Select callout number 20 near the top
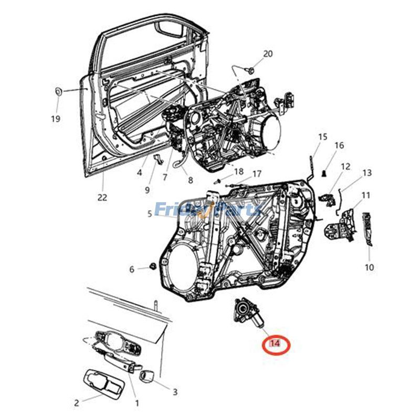click(x=268, y=54)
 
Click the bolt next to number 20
click(x=251, y=70)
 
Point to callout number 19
click(x=56, y=119)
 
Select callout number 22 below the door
click(x=102, y=197)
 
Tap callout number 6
click(x=132, y=269)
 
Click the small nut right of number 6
click(x=152, y=266)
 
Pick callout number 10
click(x=369, y=267)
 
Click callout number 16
click(x=339, y=145)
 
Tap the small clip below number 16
click(x=325, y=171)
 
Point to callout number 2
click(x=77, y=403)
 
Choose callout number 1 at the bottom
click(x=137, y=403)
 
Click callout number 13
click(x=366, y=172)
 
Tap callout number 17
click(x=256, y=174)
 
